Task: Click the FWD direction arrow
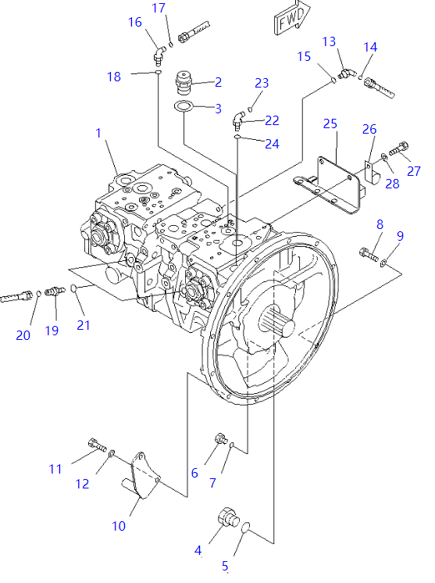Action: pyautogui.click(x=292, y=19)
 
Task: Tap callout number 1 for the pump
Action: pyautogui.click(x=98, y=133)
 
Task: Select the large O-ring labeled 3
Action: pyautogui.click(x=184, y=107)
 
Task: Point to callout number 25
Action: pyautogui.click(x=330, y=123)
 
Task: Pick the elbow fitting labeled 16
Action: pyautogui.click(x=159, y=54)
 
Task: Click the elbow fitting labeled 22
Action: pyautogui.click(x=238, y=119)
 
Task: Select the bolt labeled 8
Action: pyautogui.click(x=368, y=254)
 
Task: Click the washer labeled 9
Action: pyautogui.click(x=383, y=263)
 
